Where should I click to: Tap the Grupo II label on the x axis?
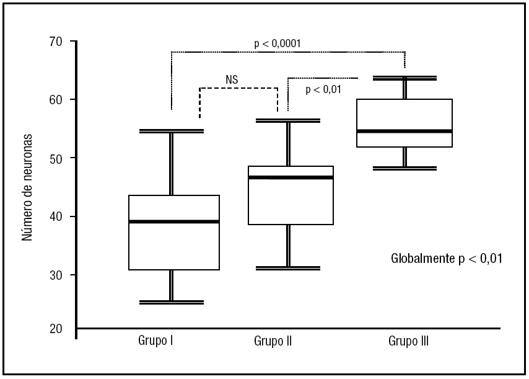click(273, 341)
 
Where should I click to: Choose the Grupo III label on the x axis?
click(409, 341)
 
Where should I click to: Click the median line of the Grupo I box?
click(173, 221)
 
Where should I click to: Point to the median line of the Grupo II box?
click(290, 177)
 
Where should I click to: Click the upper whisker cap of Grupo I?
click(171, 131)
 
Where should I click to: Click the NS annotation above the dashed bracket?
click(232, 79)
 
